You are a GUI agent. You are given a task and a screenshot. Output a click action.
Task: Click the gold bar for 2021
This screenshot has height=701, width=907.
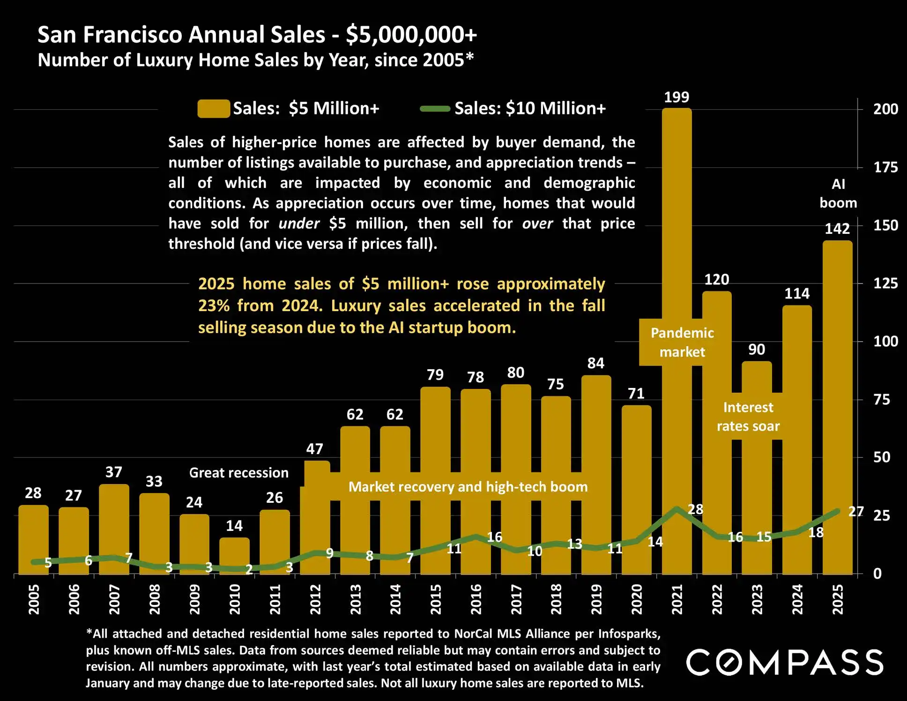coord(677,234)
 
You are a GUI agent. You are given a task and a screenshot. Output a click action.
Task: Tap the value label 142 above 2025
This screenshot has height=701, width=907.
coord(837,229)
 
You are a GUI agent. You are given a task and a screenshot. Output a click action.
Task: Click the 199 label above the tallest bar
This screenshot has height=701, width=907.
coord(677,97)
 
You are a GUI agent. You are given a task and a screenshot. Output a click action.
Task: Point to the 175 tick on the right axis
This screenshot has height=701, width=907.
coord(885,167)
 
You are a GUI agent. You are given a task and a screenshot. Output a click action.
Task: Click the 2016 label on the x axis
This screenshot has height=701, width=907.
coord(476,599)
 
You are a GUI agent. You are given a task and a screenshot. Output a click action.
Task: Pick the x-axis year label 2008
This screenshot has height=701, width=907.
coord(155,599)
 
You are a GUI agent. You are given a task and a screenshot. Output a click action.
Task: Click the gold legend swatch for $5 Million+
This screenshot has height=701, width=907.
coord(214,109)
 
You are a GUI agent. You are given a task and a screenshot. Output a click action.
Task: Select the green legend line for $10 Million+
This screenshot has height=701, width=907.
coord(435,109)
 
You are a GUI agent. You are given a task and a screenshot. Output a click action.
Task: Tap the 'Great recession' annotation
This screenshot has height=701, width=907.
coord(239,473)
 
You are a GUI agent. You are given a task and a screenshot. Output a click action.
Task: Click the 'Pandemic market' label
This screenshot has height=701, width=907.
coord(682,343)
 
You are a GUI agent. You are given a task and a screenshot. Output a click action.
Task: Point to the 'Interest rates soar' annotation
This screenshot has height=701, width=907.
coord(748,417)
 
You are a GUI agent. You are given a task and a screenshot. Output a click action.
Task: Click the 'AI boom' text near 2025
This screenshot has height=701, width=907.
coord(838,194)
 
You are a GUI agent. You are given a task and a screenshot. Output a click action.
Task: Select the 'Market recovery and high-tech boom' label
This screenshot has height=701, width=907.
coord(468,487)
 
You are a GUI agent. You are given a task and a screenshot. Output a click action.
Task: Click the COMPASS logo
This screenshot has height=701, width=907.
coord(785,662)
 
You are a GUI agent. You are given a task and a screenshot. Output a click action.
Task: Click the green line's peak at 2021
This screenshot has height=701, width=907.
coord(677,508)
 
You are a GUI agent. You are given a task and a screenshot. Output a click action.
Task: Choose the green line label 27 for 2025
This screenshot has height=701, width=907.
coord(856,511)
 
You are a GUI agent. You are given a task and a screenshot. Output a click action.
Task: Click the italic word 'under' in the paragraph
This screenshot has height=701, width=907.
coord(299,224)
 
